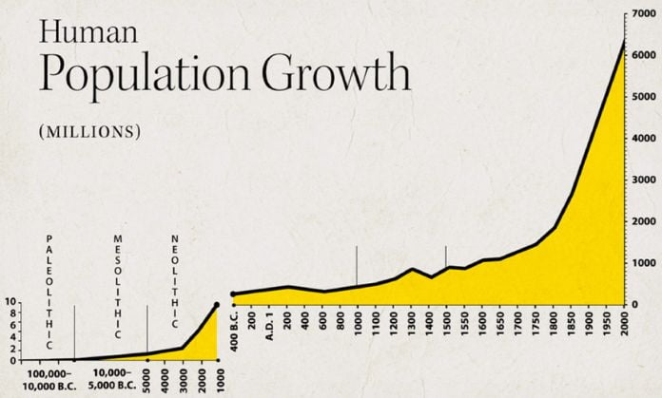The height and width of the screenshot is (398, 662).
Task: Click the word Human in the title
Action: [x=75, y=34]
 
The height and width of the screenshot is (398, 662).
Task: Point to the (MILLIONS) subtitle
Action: [x=90, y=130]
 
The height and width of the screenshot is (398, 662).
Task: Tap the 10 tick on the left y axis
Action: [x=10, y=303]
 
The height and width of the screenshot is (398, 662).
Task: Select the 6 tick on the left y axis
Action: [x=11, y=326]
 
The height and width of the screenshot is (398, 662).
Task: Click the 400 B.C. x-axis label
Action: [x=234, y=332]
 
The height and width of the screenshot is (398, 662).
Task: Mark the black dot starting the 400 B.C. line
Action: [x=234, y=294]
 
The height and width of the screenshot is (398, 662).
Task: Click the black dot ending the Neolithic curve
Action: [x=217, y=305]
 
